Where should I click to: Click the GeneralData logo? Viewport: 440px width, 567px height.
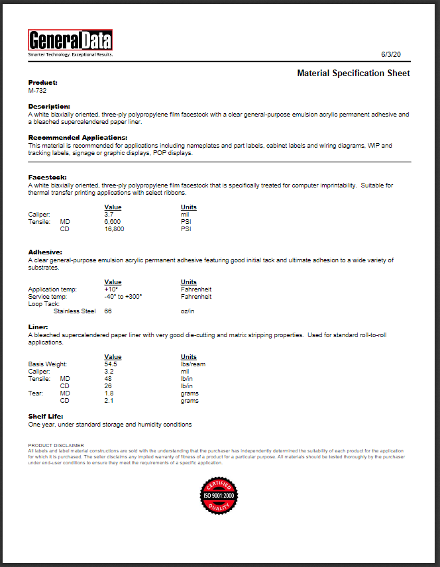coord(70,42)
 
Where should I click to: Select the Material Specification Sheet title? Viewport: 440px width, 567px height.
coord(353,74)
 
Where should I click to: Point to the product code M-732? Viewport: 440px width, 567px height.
coord(38,90)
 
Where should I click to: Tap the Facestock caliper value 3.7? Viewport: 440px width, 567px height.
coord(109,215)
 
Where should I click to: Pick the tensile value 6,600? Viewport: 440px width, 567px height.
coord(113,222)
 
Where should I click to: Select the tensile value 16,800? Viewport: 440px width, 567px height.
coord(115,229)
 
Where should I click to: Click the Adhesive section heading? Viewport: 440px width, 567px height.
coord(45,252)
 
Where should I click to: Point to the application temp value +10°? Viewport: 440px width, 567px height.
coord(111,289)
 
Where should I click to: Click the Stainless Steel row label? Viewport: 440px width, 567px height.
coord(74,311)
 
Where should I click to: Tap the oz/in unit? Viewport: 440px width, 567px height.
coord(188,311)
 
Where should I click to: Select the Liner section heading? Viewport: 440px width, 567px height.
coord(38,327)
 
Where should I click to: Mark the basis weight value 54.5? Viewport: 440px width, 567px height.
coord(111,364)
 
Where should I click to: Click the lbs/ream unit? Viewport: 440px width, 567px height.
coord(194,364)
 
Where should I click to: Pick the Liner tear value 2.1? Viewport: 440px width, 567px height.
coord(109,401)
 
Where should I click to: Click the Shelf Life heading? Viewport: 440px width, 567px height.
coord(45,417)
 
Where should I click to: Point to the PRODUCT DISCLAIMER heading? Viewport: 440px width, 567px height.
coord(56,445)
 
